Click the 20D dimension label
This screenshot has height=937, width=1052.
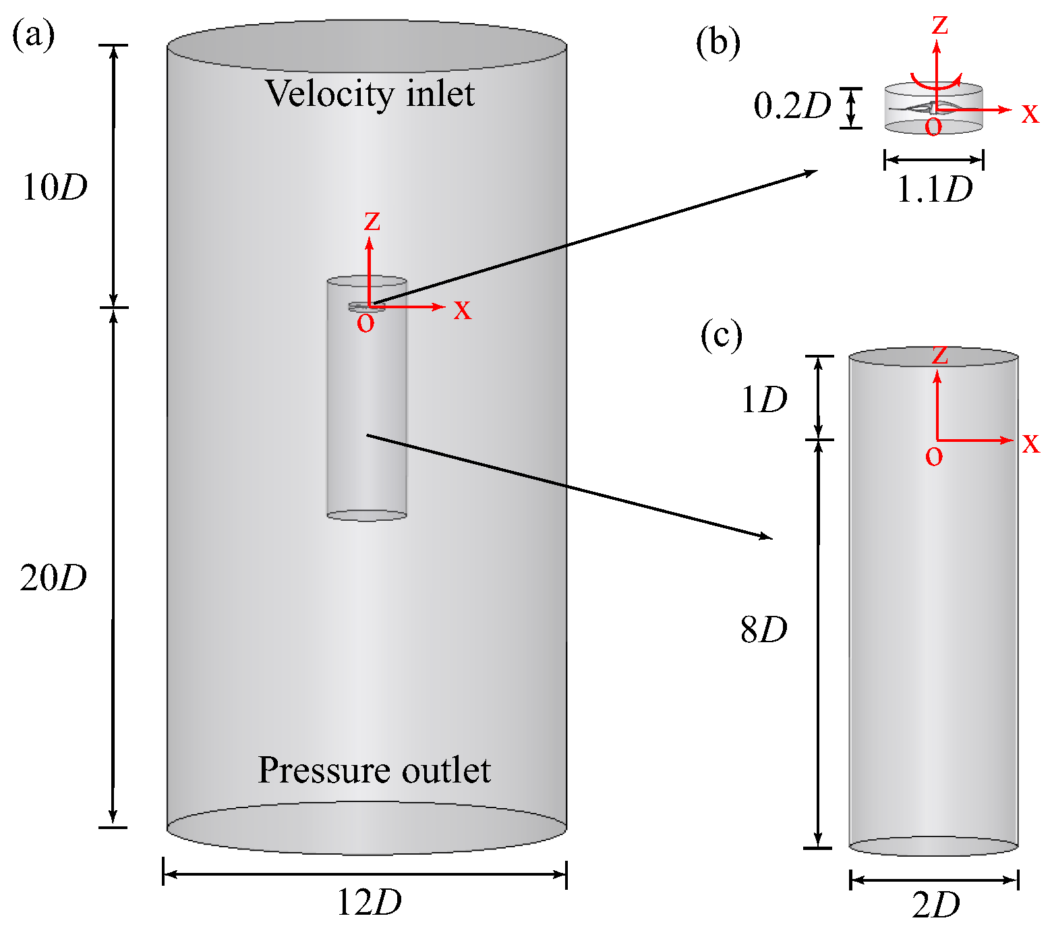(53, 577)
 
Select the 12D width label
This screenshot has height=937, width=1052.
(369, 902)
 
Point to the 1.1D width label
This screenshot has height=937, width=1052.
(935, 190)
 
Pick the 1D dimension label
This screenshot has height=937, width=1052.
(764, 400)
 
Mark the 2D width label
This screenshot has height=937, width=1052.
(936, 905)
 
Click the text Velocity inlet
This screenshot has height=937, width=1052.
(370, 93)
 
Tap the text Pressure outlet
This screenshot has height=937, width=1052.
(374, 770)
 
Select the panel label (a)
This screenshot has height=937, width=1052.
(33, 34)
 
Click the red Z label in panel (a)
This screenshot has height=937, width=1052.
(372, 221)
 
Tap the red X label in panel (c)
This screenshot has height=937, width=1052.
(1031, 443)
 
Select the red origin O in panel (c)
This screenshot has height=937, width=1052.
(934, 457)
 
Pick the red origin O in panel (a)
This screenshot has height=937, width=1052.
(366, 323)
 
